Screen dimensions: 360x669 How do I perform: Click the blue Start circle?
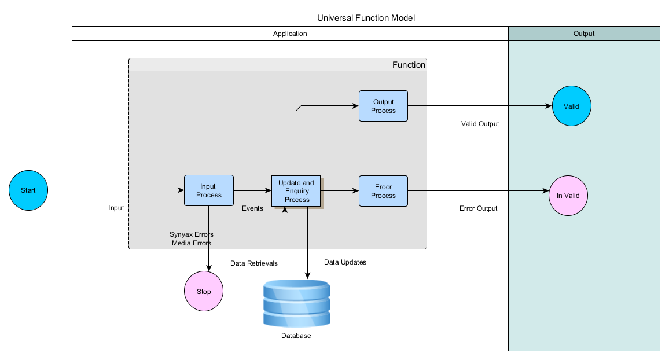pos(28,190)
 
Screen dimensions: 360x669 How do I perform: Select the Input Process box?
pos(209,190)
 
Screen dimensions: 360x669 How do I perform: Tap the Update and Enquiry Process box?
pos(296,191)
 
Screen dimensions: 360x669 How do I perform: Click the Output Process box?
pos(383,106)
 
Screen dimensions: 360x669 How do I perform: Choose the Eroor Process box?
pos(383,191)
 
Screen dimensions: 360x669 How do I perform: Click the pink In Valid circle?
pos(568,196)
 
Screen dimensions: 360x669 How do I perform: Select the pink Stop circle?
pos(204,291)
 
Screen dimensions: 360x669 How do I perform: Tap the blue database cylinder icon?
pos(296,303)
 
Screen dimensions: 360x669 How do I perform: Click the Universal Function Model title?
pos(366,18)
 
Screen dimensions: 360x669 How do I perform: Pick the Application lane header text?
pos(290,34)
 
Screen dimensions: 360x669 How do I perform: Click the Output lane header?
pos(584,34)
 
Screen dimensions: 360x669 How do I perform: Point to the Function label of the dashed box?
pos(409,65)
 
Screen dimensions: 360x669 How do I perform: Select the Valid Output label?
pos(480,124)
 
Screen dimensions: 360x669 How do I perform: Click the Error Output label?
pos(478,208)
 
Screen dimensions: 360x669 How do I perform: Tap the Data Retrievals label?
pos(254,263)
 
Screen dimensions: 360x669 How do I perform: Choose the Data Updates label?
pos(345,262)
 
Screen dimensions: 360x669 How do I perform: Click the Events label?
pos(252,208)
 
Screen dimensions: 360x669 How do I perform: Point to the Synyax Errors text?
pos(192,234)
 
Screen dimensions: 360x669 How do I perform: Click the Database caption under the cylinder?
pos(296,336)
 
